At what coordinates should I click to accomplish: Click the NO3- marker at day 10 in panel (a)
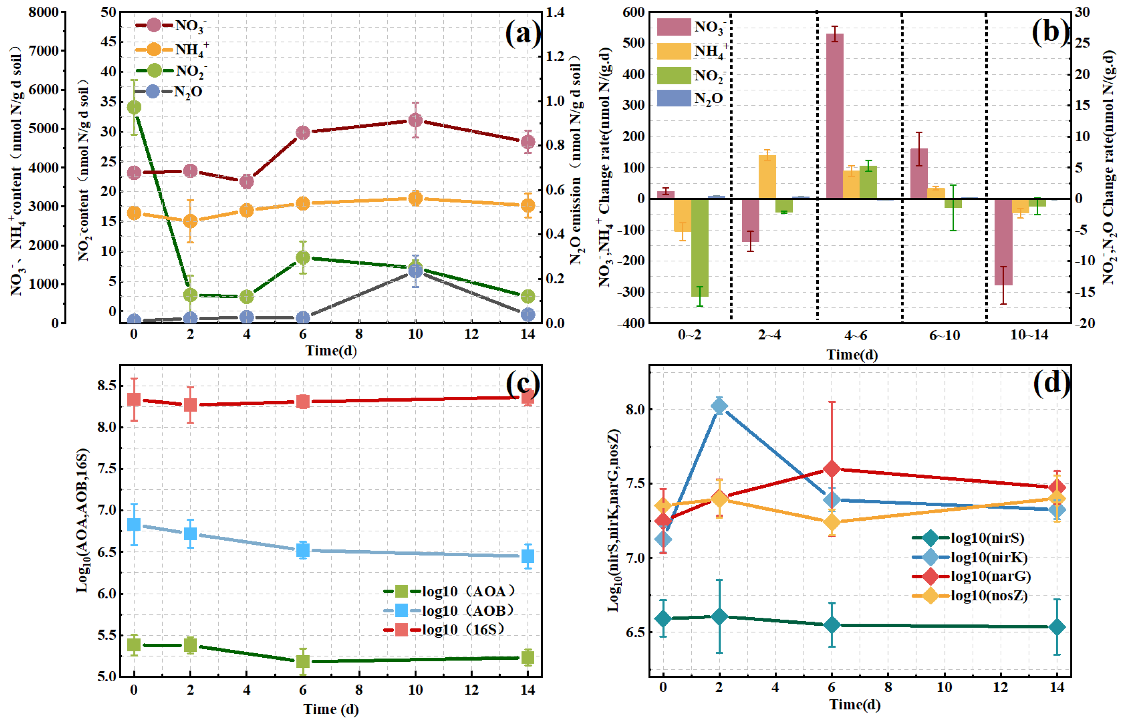click(x=415, y=120)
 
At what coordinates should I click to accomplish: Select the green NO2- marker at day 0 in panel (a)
click(x=134, y=107)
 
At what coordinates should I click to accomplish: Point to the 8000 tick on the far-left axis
click(x=44, y=12)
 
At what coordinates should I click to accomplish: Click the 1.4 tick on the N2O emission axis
click(x=556, y=12)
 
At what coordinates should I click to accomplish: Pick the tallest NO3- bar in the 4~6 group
click(x=835, y=116)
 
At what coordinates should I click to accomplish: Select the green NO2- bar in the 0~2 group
click(x=700, y=248)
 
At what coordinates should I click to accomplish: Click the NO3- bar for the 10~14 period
click(x=1004, y=242)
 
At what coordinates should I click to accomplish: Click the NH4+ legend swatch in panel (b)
click(x=674, y=51)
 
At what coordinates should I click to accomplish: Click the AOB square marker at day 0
click(x=134, y=524)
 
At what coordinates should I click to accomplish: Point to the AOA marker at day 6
click(x=303, y=661)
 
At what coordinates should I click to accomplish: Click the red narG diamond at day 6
click(x=832, y=469)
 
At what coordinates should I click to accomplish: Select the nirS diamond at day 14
click(x=1057, y=628)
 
